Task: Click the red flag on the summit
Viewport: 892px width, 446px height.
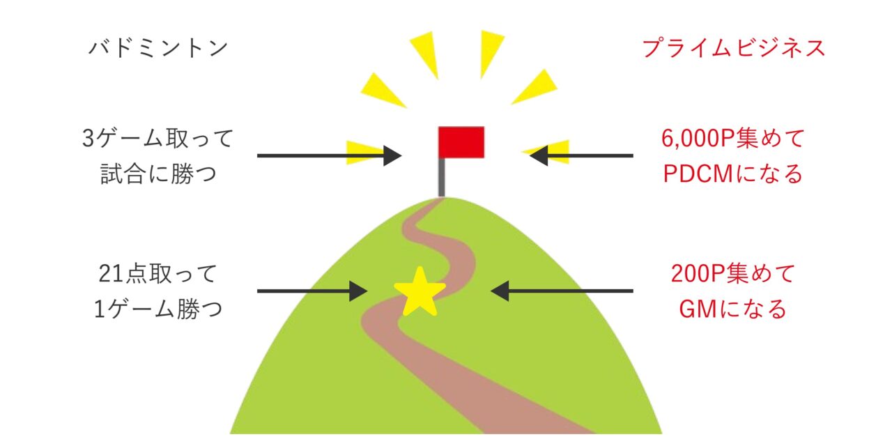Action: point(461,142)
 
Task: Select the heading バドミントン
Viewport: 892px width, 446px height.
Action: point(158,48)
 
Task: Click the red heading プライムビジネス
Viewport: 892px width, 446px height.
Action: point(733,48)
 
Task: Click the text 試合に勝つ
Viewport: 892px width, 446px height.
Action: point(159,173)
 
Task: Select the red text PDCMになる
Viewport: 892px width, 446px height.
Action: point(733,173)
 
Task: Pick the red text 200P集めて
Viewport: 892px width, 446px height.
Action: point(733,273)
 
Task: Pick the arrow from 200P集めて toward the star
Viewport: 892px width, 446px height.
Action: point(562,291)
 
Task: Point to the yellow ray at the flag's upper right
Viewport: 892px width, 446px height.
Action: point(537,88)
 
